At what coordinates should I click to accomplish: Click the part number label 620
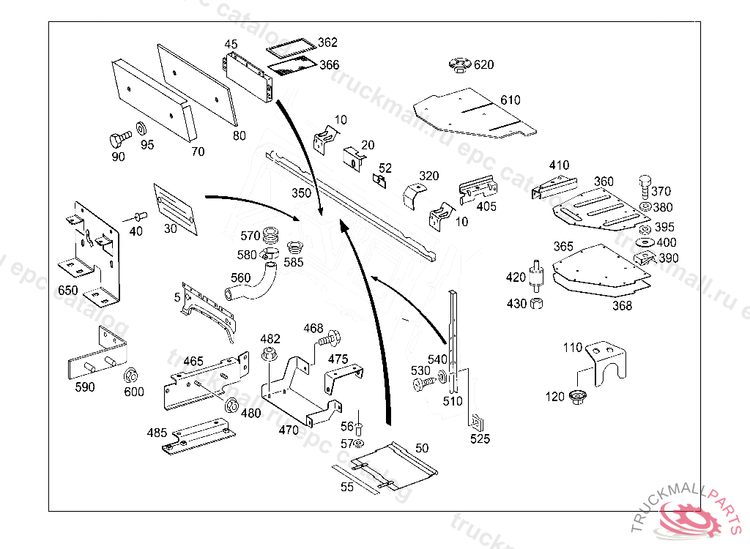pos(483,64)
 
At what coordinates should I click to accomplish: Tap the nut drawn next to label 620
pos(459,65)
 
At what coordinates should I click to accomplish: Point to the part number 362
pos(327,42)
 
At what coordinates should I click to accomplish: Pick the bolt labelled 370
pos(645,186)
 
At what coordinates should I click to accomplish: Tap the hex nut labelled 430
pos(537,303)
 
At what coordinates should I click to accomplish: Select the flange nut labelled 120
pos(576,396)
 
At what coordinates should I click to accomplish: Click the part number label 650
pos(68,291)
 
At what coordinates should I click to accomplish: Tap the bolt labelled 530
pos(423,383)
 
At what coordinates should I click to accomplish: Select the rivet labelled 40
pos(139,217)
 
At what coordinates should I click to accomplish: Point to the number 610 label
pos(510,100)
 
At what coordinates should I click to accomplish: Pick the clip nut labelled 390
pos(645,258)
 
